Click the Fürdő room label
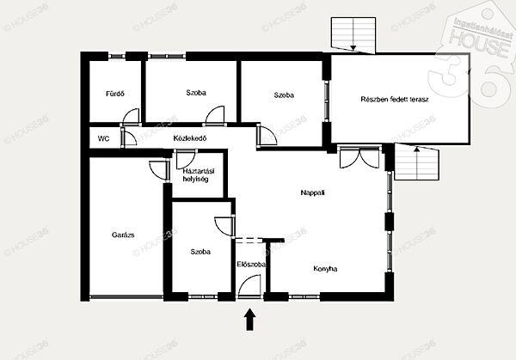[115, 94]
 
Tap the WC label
[104, 139]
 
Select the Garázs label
[123, 235]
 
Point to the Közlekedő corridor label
[190, 138]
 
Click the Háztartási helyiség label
[199, 175]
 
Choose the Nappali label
[313, 192]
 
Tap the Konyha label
[325, 269]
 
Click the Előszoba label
[251, 265]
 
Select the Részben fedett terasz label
[395, 100]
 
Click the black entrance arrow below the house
[250, 320]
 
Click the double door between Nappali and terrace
[359, 157]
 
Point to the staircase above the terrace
[353, 35]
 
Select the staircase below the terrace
[417, 162]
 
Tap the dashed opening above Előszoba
[249, 240]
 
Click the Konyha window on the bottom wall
[304, 297]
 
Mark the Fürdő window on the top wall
[117, 56]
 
